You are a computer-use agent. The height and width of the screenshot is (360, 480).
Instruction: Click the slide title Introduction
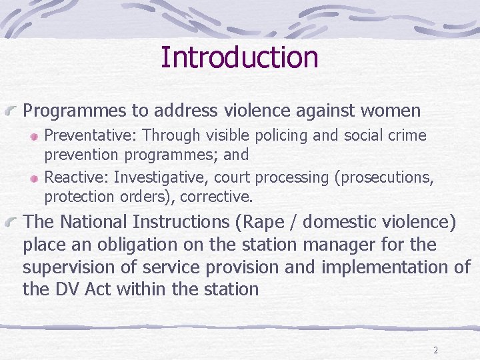pyautogui.click(x=239, y=57)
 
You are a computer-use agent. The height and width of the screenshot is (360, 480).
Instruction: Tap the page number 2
pyautogui.click(x=435, y=350)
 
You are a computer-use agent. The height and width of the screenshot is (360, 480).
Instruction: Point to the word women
pyautogui.click(x=389, y=110)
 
